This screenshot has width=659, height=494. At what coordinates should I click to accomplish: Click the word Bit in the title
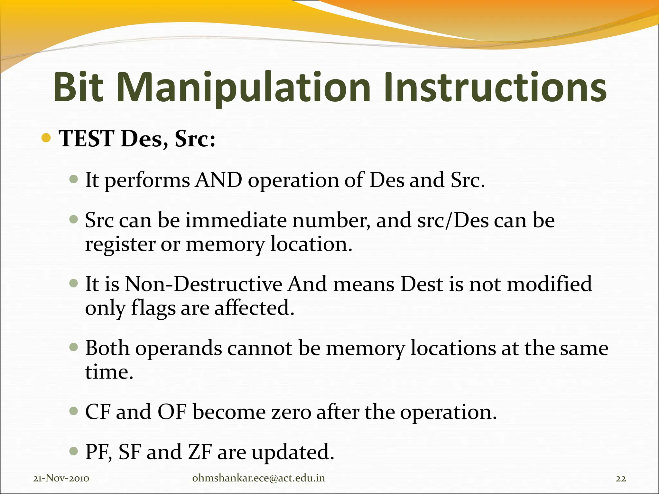(78, 88)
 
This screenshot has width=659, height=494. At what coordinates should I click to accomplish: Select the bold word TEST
(86, 139)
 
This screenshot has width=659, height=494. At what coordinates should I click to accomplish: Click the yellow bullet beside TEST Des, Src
(46, 138)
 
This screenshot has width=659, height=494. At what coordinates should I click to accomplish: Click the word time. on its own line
(109, 372)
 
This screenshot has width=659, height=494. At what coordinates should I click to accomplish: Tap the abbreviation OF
(172, 412)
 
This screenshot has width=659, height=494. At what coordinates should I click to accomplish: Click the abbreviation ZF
(200, 452)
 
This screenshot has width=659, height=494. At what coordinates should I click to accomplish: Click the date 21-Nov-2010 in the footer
(61, 478)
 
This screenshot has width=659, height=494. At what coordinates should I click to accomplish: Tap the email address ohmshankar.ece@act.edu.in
(258, 478)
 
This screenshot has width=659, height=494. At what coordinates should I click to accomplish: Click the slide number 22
(621, 479)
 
